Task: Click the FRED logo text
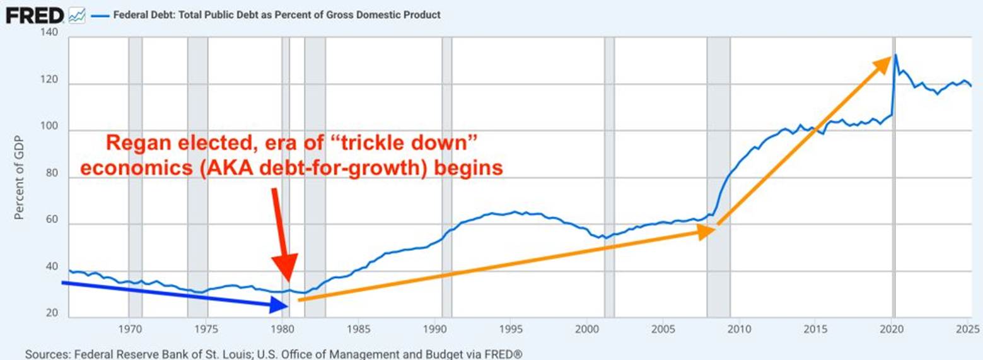pos(34,15)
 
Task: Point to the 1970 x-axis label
pos(129,328)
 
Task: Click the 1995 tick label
pos(511,328)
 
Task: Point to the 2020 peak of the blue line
pos(895,55)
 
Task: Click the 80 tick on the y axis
pos(52,178)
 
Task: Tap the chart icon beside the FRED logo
pos(76,15)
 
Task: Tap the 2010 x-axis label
pos(740,328)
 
